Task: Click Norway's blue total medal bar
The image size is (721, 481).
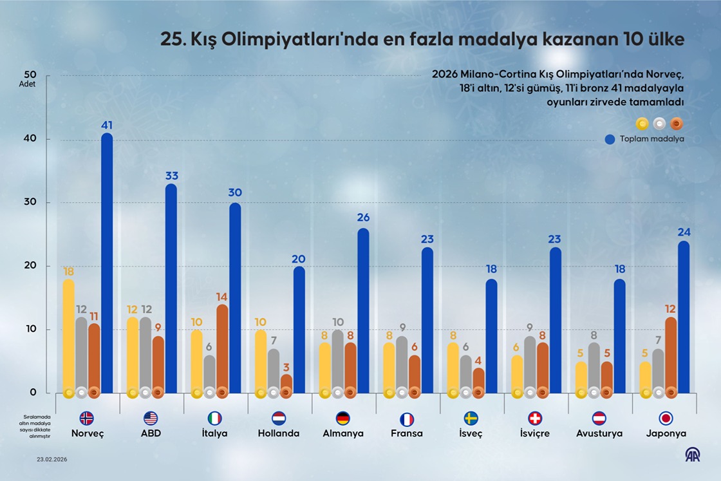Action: click(107, 264)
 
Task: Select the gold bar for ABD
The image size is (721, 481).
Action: click(133, 355)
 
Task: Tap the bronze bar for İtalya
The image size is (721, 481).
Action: click(222, 348)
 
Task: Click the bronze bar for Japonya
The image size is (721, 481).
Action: click(671, 355)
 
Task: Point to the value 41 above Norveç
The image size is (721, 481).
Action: click(107, 126)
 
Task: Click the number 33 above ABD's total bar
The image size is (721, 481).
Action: click(171, 176)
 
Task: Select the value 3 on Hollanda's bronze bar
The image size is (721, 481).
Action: click(286, 366)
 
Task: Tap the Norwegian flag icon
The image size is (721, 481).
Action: click(86, 419)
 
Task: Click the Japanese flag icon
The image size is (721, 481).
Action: click(666, 419)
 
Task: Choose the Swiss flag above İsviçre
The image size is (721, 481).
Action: click(535, 419)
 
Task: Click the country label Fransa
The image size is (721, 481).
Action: click(407, 433)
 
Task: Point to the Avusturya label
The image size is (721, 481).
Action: click(599, 433)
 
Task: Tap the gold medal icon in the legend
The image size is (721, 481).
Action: click(642, 124)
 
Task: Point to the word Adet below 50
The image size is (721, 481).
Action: click(27, 84)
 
